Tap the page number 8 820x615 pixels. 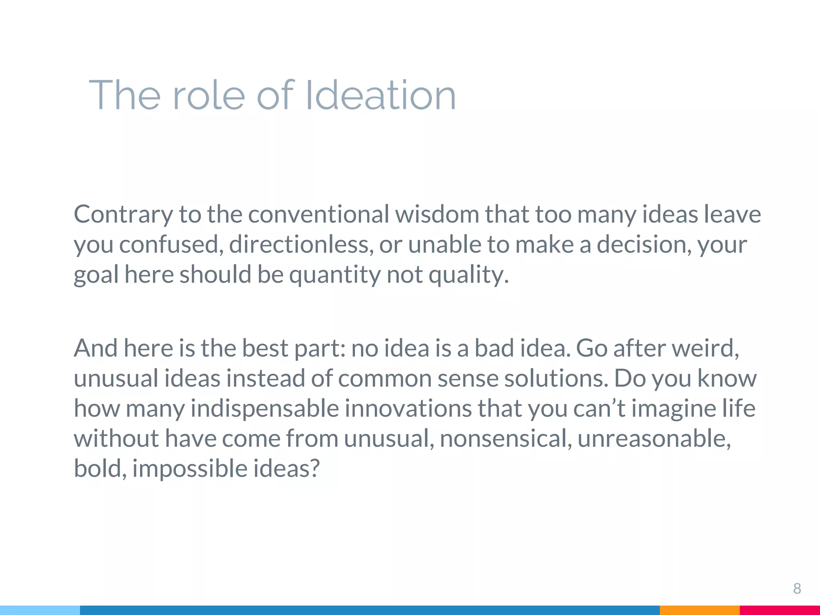(x=797, y=589)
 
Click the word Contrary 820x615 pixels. (x=123, y=214)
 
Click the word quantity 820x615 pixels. (x=334, y=275)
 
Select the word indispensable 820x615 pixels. (x=265, y=408)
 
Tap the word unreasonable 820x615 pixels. (x=654, y=438)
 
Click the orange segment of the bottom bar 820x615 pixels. (x=699, y=610)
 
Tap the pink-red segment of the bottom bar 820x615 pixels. (x=780, y=610)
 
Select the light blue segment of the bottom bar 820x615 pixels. (x=40, y=610)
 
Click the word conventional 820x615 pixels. (x=318, y=214)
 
